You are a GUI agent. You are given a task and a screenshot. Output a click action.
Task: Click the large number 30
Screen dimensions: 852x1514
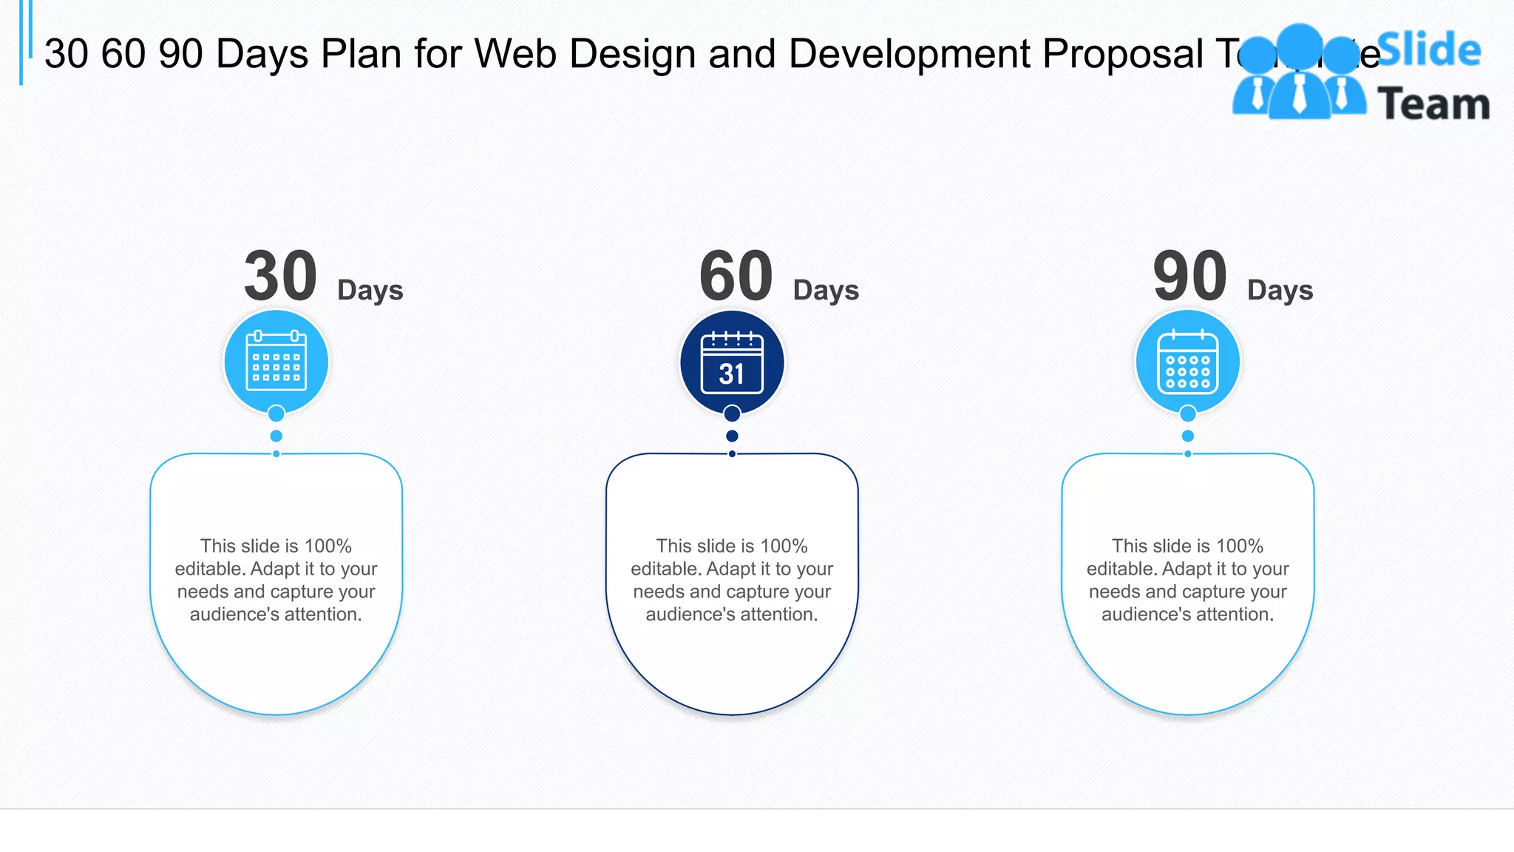click(281, 277)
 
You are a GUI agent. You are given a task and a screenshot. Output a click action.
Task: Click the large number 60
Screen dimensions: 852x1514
click(736, 277)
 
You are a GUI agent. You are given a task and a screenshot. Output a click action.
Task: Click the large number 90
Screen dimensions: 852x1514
click(1190, 277)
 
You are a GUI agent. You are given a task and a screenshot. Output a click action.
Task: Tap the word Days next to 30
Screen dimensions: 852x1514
click(370, 290)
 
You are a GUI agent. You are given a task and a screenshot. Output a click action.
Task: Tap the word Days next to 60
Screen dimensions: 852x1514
click(826, 290)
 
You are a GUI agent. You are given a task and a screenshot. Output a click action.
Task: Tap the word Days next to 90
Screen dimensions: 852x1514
click(1280, 290)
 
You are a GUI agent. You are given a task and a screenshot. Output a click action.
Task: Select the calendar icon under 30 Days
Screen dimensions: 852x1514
click(276, 361)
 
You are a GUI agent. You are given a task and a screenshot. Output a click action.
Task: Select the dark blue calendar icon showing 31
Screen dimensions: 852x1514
click(732, 362)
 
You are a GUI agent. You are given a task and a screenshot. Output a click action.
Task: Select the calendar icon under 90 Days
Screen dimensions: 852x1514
click(1187, 362)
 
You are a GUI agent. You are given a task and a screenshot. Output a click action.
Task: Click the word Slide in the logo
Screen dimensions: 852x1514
click(1430, 50)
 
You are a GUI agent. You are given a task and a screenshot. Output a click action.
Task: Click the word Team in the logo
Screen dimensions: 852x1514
click(1433, 104)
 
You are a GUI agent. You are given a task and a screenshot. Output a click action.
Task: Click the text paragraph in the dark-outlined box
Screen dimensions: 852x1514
click(732, 580)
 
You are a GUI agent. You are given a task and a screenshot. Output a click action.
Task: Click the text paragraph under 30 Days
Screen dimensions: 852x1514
click(276, 580)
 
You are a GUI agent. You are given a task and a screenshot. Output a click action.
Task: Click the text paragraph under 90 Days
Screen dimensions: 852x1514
click(1187, 580)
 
